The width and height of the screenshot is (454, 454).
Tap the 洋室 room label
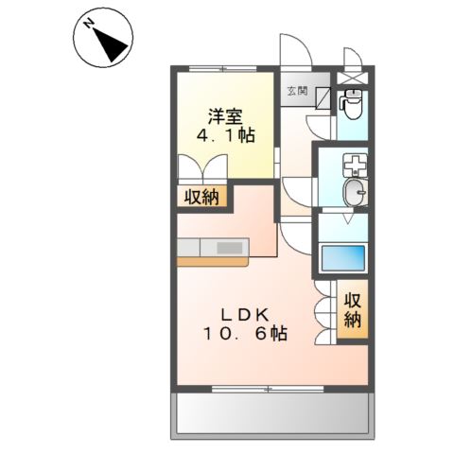(x=225, y=117)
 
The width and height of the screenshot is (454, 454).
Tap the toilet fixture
(x=353, y=103)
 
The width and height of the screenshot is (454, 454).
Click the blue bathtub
(x=342, y=258)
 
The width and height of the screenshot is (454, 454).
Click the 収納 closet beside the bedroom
(x=201, y=197)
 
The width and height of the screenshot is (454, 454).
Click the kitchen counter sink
(x=230, y=248)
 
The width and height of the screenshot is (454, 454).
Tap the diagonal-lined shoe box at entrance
(x=323, y=96)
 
